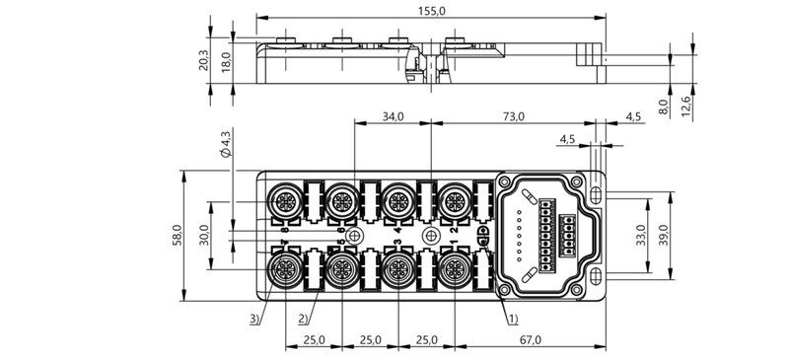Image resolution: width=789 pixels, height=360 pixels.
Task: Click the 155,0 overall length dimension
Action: tap(430, 10)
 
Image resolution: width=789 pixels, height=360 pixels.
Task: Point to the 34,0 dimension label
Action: tap(393, 116)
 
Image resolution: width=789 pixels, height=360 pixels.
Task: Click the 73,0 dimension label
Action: tap(514, 116)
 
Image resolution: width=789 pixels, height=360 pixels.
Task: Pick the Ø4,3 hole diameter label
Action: tap(225, 144)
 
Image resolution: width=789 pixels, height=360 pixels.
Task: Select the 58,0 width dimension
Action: tap(178, 236)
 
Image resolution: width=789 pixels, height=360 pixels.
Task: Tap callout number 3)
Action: tap(254, 319)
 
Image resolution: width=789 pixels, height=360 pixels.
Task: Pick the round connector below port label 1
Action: tap(455, 269)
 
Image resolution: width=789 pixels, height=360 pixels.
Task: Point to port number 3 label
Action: tap(396, 243)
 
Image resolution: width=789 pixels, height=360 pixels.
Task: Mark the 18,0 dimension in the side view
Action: tap(225, 61)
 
